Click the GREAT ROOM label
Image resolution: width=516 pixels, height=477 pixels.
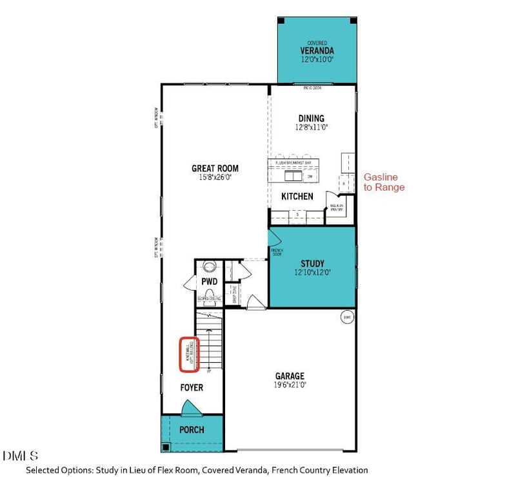pos(211,168)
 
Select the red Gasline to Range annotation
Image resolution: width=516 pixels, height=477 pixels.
pos(384,182)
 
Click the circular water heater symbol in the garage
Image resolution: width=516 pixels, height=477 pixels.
pos(347,317)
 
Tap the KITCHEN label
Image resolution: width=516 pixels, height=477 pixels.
pos(297,196)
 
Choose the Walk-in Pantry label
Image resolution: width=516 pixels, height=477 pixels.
pos(337,208)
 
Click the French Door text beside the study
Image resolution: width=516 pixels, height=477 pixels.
pos(277,252)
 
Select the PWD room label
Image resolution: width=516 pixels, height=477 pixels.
pos(209,282)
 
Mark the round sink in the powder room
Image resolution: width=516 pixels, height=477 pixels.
pos(209,266)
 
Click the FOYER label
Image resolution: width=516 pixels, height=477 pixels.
pos(192,387)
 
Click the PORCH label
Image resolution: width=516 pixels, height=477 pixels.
pos(192,430)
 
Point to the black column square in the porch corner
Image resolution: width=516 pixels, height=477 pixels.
pos(166,447)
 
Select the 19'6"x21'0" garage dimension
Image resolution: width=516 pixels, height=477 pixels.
pos(289,385)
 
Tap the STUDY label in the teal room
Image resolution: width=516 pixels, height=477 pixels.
pos(312,263)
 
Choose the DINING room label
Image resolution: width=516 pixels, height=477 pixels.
pos(311,118)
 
